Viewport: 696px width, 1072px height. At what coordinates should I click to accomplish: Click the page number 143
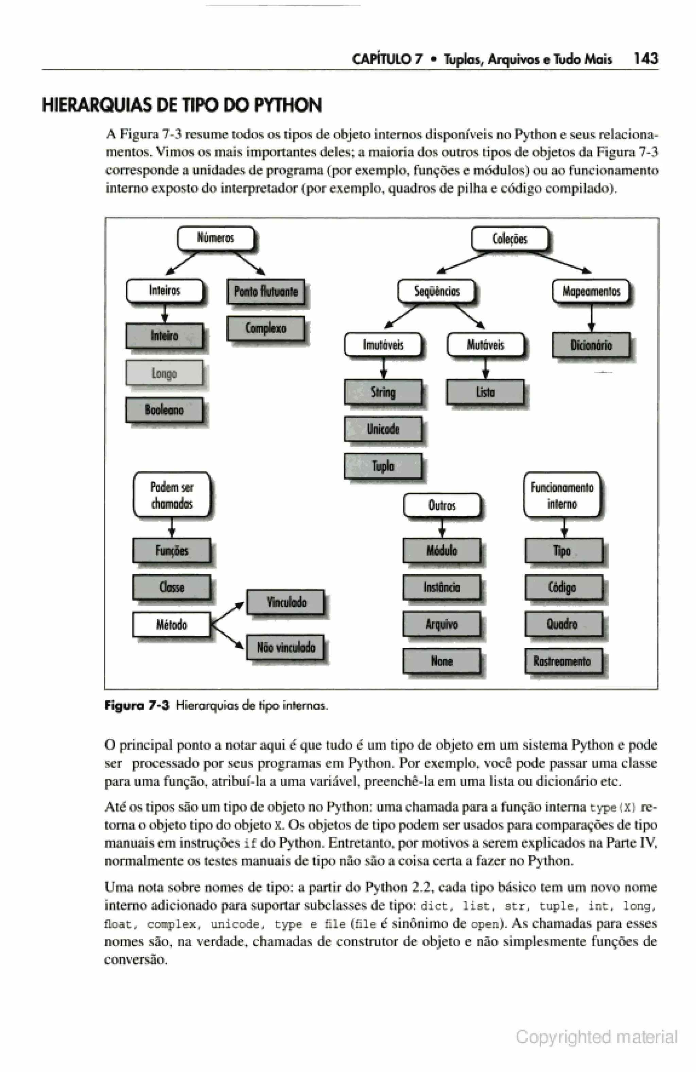tap(646, 58)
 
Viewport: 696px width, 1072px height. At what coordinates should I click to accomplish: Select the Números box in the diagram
tap(216, 238)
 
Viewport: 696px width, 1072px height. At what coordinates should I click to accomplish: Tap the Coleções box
tap(510, 239)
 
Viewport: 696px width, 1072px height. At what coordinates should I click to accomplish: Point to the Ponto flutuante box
tap(266, 291)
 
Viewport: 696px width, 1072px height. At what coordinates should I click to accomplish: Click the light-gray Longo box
tap(164, 373)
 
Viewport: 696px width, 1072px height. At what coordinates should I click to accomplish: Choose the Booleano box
tap(164, 410)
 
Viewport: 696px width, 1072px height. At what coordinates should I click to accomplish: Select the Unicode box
tap(383, 429)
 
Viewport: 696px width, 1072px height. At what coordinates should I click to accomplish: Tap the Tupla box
tap(383, 466)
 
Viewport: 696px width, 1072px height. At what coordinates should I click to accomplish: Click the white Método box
tap(172, 624)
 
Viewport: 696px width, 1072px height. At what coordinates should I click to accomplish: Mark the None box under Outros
tap(442, 661)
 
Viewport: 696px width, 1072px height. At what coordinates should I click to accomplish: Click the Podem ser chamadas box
tap(172, 495)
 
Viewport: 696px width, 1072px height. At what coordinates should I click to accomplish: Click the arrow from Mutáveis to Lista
tap(485, 368)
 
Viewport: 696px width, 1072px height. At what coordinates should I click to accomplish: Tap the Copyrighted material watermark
tap(596, 1037)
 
